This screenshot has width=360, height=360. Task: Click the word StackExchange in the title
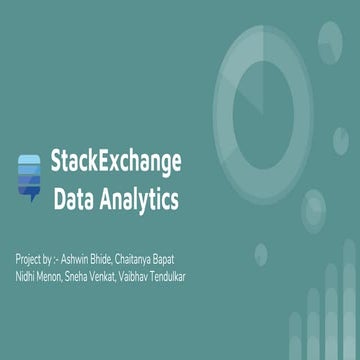click(x=116, y=161)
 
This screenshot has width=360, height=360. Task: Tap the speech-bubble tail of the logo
click(x=29, y=199)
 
